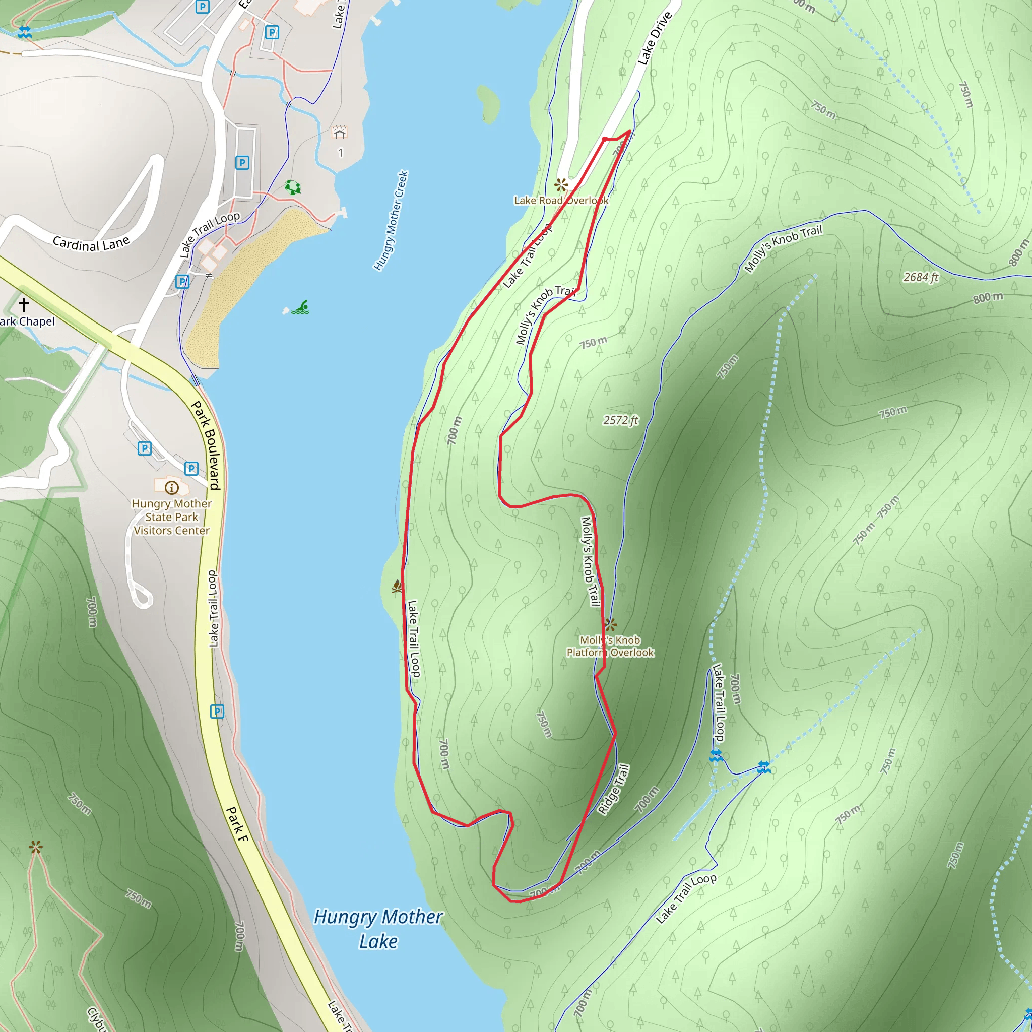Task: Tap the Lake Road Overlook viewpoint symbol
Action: tap(560, 185)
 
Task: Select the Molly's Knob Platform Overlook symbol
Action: tap(610, 624)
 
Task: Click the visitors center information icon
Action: tap(171, 487)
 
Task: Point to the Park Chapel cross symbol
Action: tap(24, 304)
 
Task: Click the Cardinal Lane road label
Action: tap(91, 244)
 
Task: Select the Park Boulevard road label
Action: tap(206, 445)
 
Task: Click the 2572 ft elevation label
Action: tap(621, 420)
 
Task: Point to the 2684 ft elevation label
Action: tap(920, 277)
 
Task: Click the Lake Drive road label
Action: tap(655, 38)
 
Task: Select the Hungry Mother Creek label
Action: tap(391, 221)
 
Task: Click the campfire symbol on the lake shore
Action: tap(397, 587)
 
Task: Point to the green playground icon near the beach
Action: tap(293, 187)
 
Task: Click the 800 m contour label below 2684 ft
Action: tap(987, 297)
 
